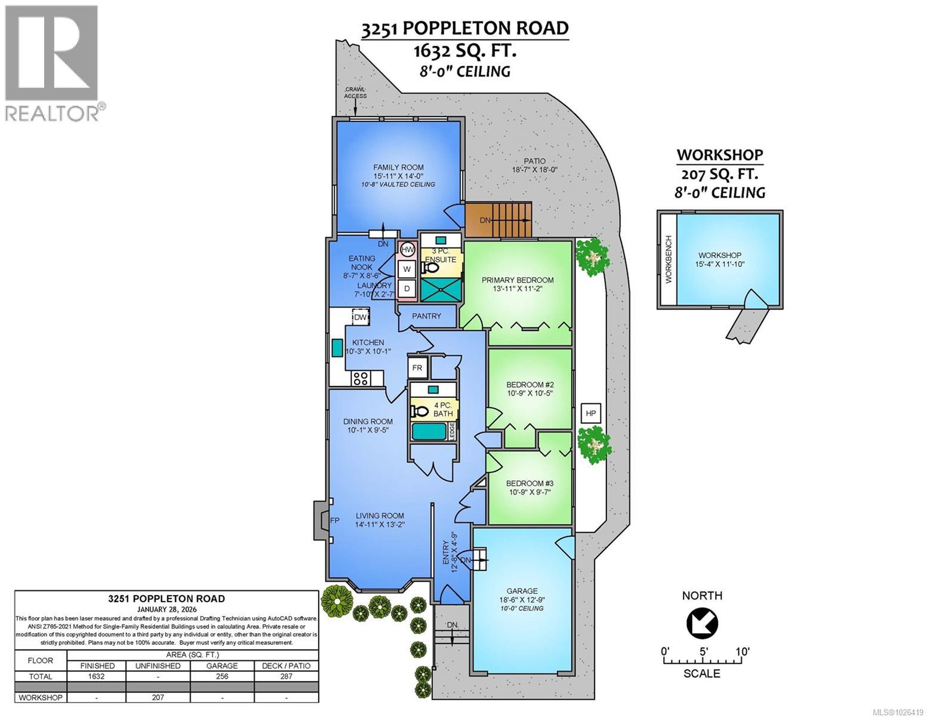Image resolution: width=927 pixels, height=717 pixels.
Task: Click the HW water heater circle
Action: [408, 249]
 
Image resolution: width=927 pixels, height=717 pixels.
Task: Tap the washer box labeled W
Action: [407, 269]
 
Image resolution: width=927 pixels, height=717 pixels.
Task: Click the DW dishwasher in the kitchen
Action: [360, 317]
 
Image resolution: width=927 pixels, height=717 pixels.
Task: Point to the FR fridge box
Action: [417, 367]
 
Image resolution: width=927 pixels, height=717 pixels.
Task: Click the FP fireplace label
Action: [335, 520]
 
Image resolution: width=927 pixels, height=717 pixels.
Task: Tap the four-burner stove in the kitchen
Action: [360, 378]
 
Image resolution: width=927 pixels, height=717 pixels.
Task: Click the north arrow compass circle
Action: [702, 624]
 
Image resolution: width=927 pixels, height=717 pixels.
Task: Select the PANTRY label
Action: [426, 316]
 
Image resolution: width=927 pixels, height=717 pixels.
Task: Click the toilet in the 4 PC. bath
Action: [421, 411]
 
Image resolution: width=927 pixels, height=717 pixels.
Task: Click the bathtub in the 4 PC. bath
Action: [429, 430]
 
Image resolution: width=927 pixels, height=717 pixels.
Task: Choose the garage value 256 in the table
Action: [221, 676]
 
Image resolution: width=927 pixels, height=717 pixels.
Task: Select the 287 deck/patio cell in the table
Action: [287, 676]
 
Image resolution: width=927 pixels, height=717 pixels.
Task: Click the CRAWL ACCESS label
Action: [355, 93]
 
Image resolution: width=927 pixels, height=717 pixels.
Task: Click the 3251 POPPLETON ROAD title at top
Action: [464, 29]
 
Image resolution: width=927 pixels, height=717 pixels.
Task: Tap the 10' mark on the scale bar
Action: [742, 651]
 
